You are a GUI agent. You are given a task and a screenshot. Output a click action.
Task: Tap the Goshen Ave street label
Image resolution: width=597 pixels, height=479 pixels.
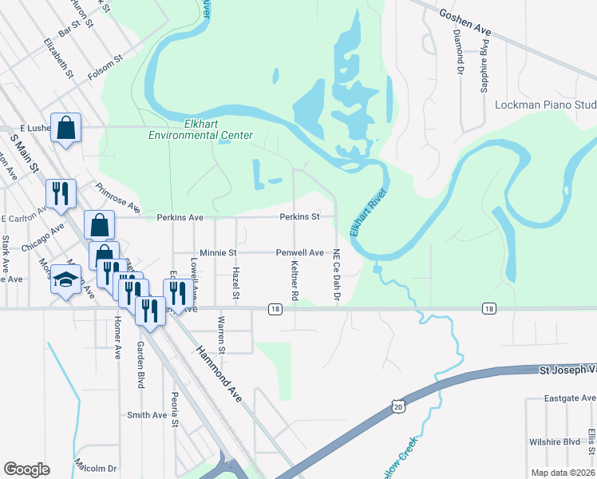point(464,22)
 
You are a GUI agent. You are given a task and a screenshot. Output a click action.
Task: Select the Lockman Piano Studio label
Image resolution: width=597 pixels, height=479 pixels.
point(546,105)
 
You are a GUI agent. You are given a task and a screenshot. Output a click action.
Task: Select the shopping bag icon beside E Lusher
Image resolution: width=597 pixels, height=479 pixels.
point(65,127)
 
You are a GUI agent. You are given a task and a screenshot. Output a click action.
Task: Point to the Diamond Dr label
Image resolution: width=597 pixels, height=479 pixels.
point(458,51)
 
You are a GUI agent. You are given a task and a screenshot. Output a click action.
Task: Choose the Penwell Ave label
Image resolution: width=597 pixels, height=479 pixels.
point(299,252)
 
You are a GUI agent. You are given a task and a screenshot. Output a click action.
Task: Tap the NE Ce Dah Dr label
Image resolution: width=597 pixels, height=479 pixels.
point(337,275)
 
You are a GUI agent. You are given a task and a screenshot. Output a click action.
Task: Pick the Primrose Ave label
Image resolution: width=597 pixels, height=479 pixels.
point(117,200)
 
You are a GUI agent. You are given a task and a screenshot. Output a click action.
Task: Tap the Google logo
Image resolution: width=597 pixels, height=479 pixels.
point(26,469)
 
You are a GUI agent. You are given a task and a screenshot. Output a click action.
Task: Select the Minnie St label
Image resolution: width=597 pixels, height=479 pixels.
point(219,252)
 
